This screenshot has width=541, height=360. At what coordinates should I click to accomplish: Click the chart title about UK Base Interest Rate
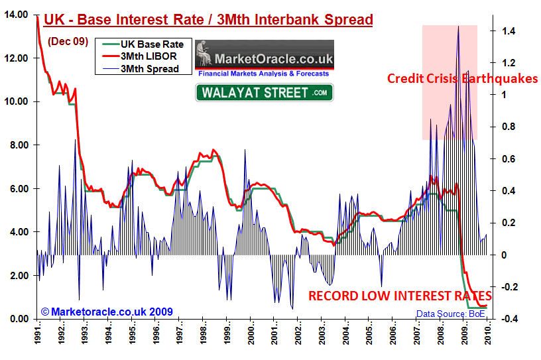coord(208,20)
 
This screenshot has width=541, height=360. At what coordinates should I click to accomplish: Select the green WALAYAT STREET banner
coord(264,92)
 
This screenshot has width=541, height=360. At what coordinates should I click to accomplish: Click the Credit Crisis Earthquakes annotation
coord(463,79)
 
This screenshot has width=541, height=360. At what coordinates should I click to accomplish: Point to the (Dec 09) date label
coord(67,41)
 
